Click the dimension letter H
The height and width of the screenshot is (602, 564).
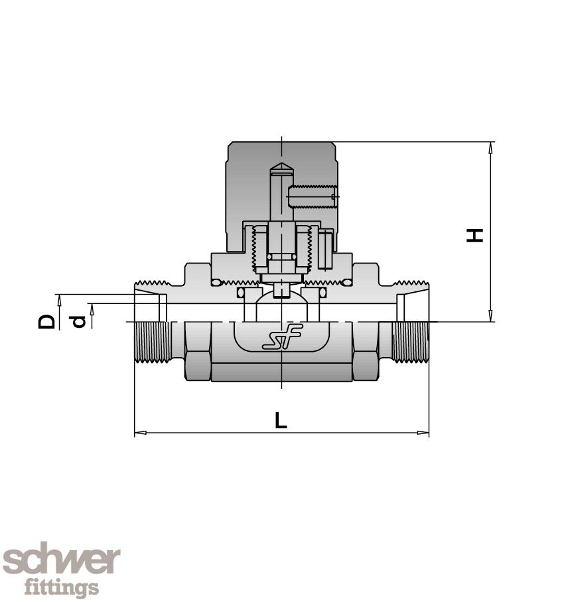pyautogui.click(x=474, y=234)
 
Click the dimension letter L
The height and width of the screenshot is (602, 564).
pyautogui.click(x=281, y=420)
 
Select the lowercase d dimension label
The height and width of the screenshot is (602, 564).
pyautogui.click(x=79, y=322)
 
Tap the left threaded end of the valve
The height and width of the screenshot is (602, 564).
pyautogui.click(x=152, y=342)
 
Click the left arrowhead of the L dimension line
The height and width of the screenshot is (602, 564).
pyautogui.click(x=139, y=433)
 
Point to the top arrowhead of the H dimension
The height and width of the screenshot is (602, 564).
pyautogui.click(x=490, y=147)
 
